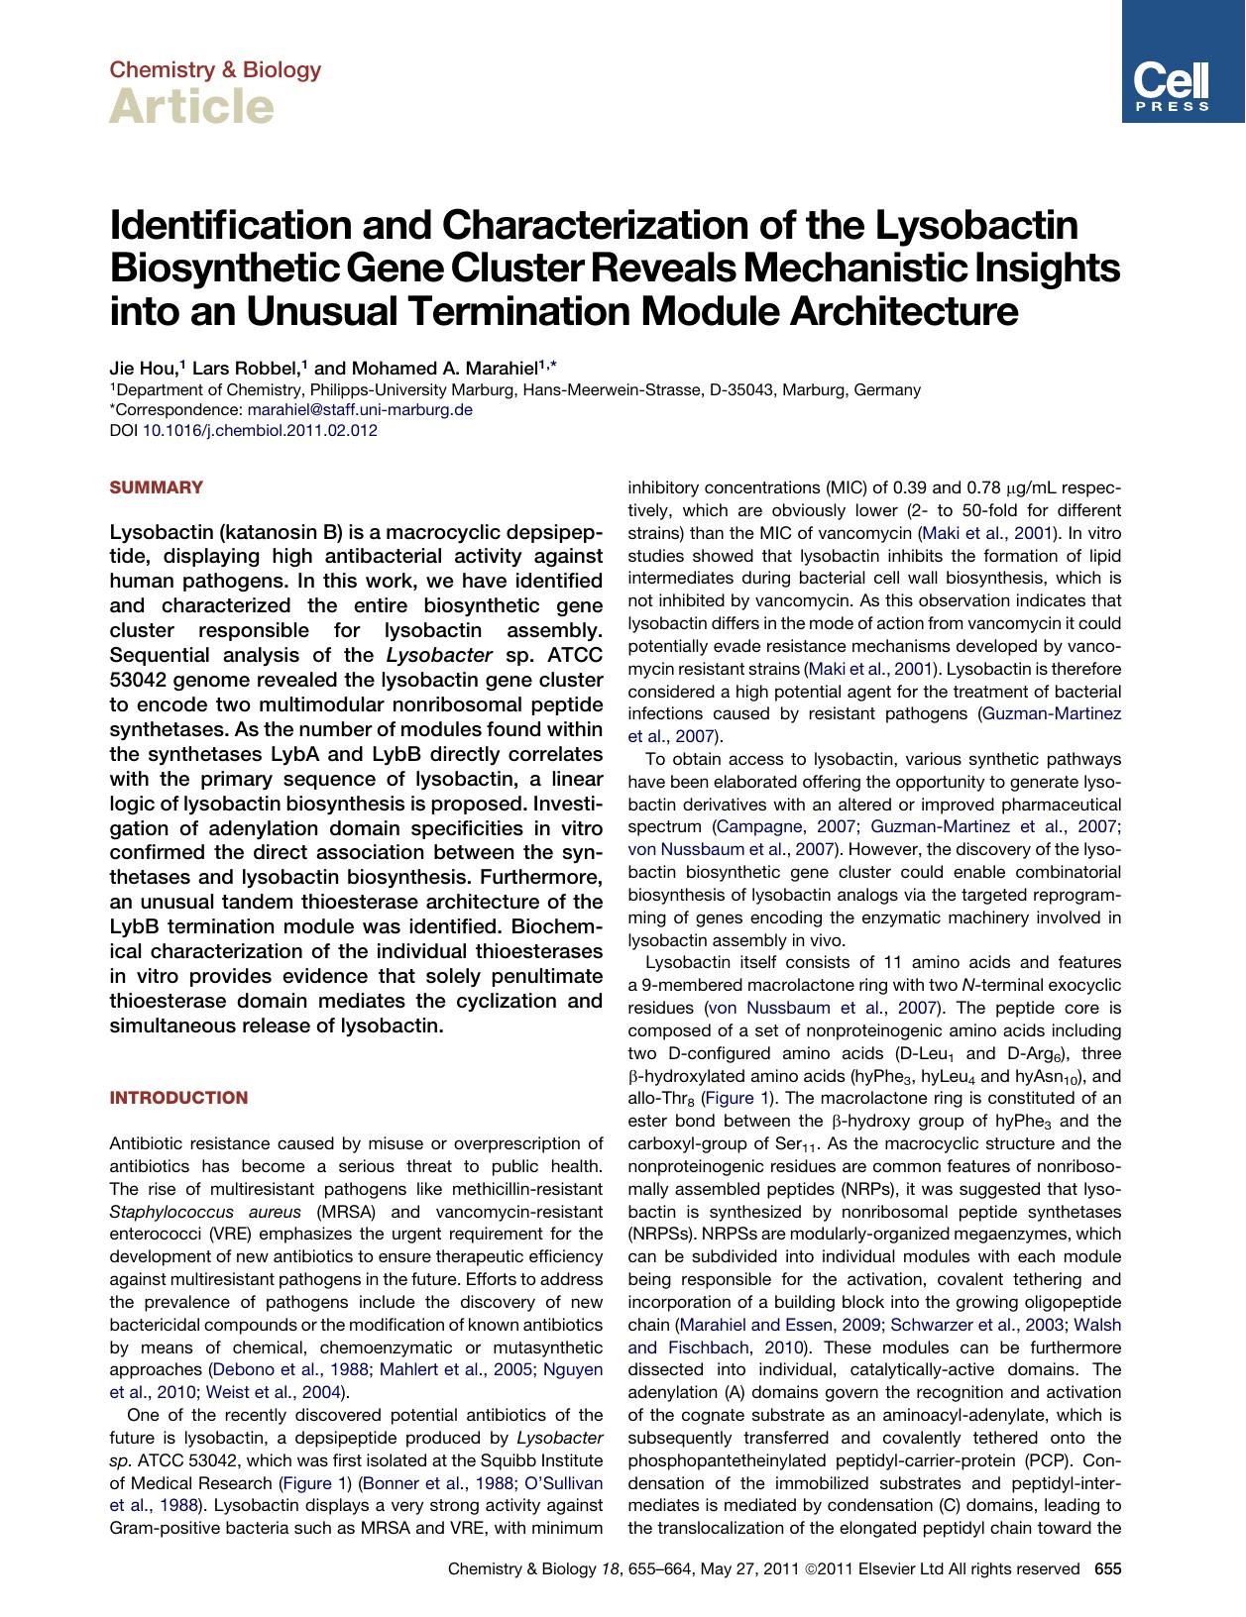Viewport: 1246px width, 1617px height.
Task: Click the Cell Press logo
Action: pos(1183,61)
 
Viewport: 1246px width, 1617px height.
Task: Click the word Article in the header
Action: pos(191,106)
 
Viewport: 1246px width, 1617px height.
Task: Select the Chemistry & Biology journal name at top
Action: pos(215,69)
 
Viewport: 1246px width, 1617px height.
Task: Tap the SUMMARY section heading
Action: pos(156,487)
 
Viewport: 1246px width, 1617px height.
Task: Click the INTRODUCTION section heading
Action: pos(178,1098)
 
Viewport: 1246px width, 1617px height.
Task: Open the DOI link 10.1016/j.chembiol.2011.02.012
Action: pos(260,431)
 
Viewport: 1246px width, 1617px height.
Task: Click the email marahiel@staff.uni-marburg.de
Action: pos(359,410)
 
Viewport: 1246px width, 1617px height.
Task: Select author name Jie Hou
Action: pos(142,368)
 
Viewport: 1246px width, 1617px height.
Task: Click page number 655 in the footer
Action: pos(1107,1568)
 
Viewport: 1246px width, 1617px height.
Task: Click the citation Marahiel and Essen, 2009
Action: pos(779,1325)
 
